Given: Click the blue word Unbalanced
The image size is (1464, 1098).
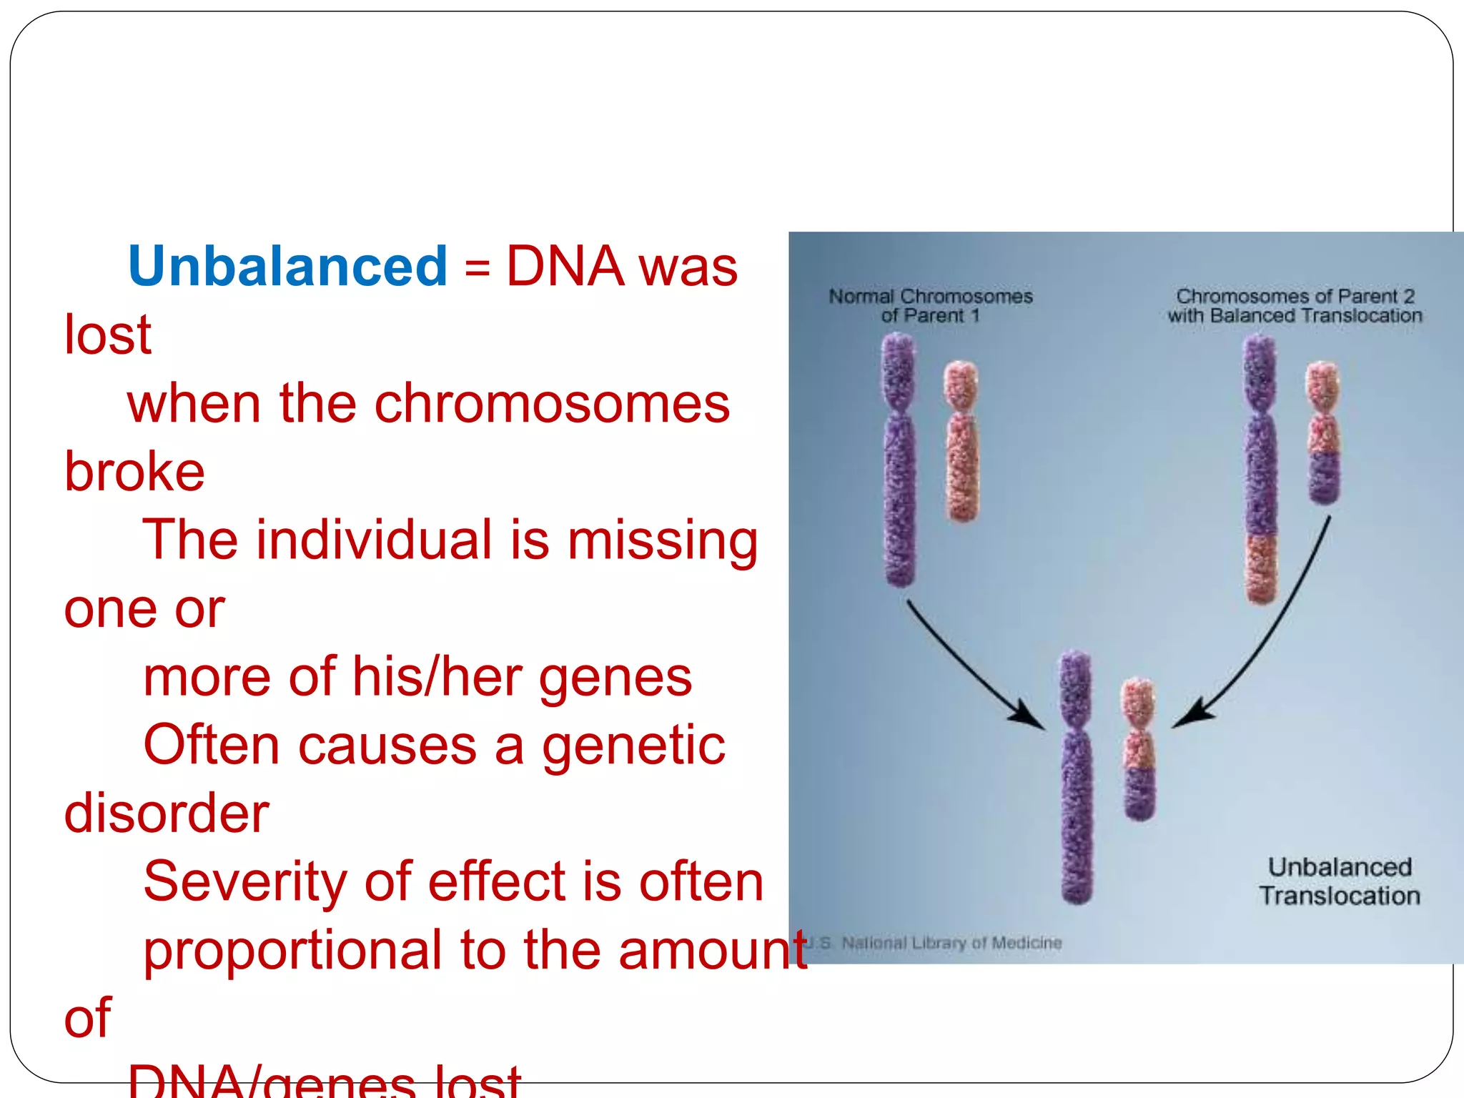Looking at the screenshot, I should point(287,266).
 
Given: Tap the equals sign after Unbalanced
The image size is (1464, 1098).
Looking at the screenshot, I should point(477,269).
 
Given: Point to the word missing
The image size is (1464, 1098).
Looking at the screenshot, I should point(662,541).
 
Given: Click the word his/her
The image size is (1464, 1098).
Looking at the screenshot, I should point(437,677).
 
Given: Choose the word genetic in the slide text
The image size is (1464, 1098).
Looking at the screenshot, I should point(633,745).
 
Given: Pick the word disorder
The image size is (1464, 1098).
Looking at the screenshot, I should point(167,813).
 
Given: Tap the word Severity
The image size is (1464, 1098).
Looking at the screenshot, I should point(244,881).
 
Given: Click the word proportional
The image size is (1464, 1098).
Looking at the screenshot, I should point(292,951).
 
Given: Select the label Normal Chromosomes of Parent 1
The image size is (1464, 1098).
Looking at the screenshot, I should point(930,306).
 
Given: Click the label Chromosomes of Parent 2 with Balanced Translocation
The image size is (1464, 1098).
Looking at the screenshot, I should point(1295,306).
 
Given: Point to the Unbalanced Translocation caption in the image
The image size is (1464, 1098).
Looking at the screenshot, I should point(1339,881).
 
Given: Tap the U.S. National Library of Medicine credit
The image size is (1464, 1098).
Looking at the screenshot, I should point(936,944).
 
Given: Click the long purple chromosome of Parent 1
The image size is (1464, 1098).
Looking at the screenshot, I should point(899,472).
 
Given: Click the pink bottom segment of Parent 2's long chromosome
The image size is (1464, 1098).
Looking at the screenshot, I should point(1262,568).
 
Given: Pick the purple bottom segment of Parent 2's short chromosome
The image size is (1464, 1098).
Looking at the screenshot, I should point(1324,478).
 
